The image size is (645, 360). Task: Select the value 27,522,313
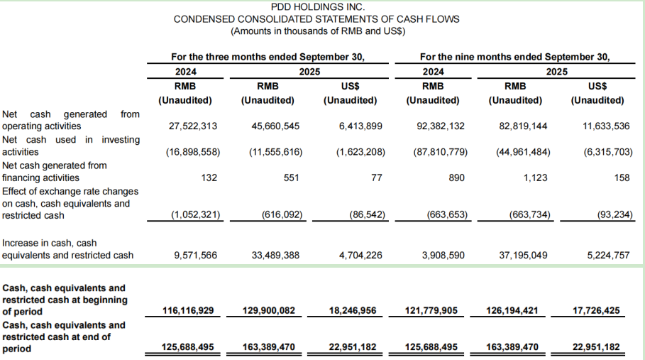click(193, 126)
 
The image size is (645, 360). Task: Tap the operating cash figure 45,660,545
click(275, 126)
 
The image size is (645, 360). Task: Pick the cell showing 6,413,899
click(358, 126)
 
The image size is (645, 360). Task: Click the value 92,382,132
click(441, 126)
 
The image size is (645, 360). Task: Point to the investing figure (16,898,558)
click(193, 152)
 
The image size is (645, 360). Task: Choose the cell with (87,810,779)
click(440, 152)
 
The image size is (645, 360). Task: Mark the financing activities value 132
click(209, 178)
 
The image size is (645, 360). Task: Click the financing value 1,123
click(535, 178)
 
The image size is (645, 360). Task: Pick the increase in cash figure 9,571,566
click(193, 255)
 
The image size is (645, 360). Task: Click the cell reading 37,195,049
click(524, 255)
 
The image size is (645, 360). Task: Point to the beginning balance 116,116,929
click(188, 311)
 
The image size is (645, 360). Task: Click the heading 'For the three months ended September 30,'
click(268, 57)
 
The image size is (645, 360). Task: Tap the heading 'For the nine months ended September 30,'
click(515, 57)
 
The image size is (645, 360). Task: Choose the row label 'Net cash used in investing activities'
click(71, 146)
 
